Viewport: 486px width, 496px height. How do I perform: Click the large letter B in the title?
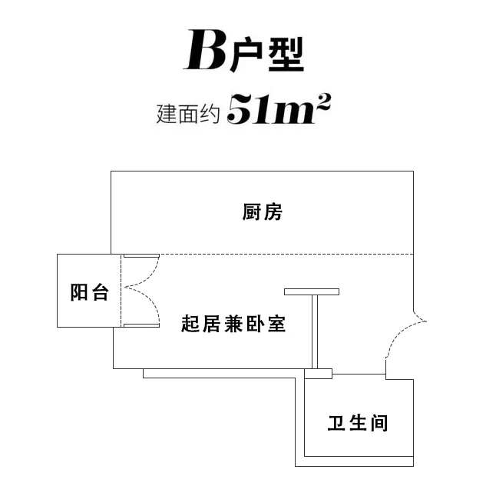[x=205, y=50]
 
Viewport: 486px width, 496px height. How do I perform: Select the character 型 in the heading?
[x=286, y=55]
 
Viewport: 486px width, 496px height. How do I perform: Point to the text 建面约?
[x=188, y=114]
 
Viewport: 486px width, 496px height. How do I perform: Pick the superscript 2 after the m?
[x=323, y=102]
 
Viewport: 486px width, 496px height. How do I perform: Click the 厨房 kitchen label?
[x=262, y=212]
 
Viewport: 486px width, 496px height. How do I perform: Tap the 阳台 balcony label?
[x=89, y=292]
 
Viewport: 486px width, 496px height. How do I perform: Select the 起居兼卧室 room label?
[x=233, y=324]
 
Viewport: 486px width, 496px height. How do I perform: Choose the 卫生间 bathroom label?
[x=358, y=423]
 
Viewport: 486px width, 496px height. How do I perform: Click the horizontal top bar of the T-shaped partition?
[x=312, y=291]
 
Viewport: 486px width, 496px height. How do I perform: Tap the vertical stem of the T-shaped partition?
[x=315, y=332]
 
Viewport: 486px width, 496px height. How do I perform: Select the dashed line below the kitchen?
[x=286, y=254]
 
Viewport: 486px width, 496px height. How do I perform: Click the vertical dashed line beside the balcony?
[x=121, y=291]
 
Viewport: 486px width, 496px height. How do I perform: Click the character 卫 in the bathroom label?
[x=336, y=423]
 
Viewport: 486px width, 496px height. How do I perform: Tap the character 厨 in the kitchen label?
[x=251, y=212]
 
